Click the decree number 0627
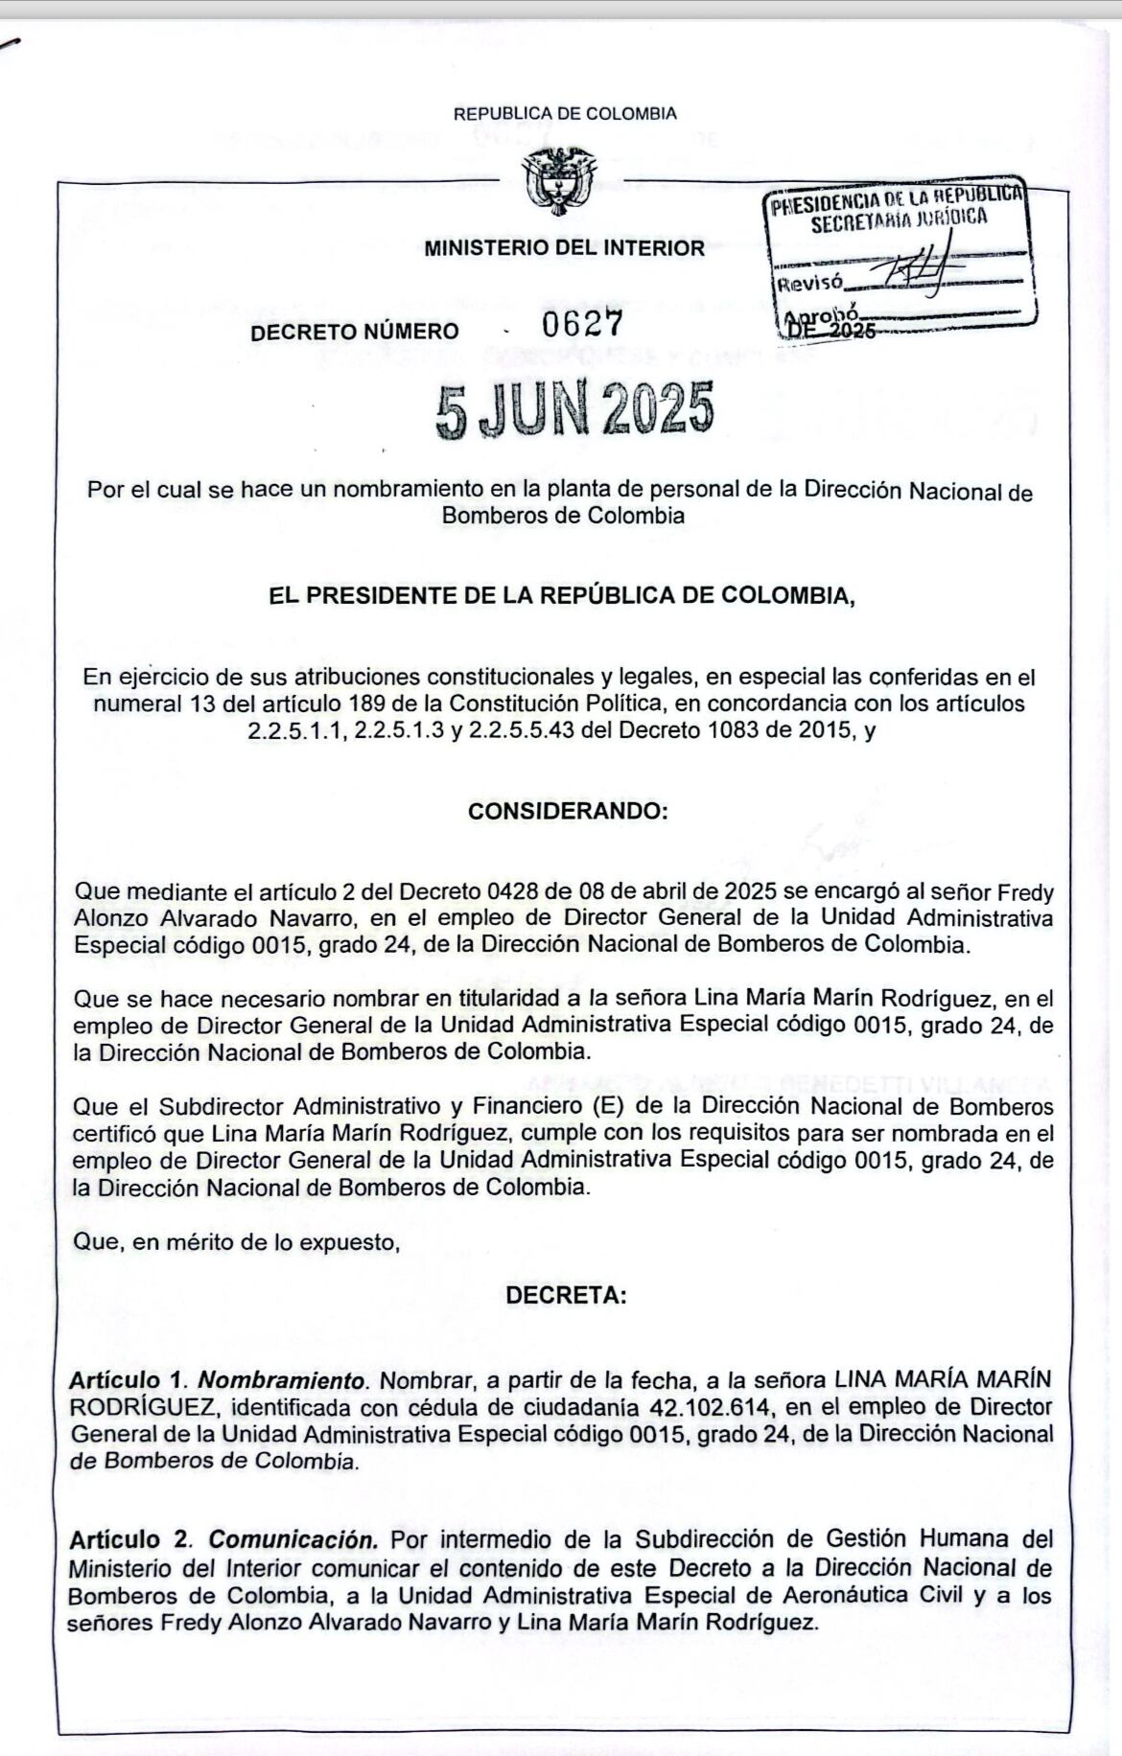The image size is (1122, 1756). (582, 324)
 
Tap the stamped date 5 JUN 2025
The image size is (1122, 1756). (575, 410)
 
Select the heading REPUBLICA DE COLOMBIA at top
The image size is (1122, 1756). (565, 113)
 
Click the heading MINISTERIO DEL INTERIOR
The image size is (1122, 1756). (564, 247)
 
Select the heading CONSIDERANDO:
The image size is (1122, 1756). (568, 811)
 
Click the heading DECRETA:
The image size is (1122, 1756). (566, 1295)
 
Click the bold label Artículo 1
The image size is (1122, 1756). (126, 1380)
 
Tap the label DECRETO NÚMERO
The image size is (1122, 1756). (355, 332)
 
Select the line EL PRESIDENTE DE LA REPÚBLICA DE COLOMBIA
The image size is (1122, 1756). (561, 595)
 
